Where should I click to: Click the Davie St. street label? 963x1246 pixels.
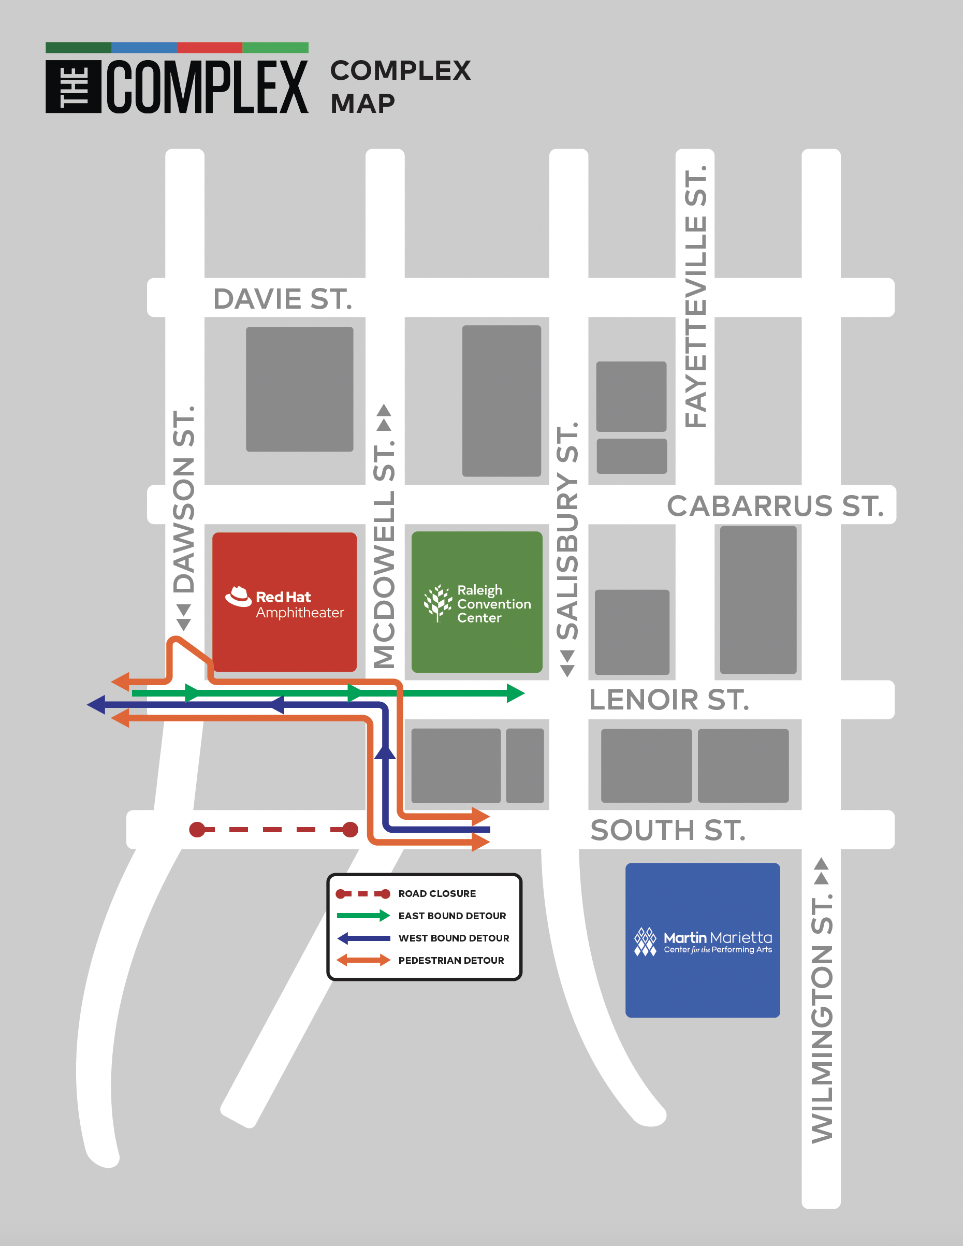click(x=282, y=299)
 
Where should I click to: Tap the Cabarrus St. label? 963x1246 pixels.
click(x=775, y=506)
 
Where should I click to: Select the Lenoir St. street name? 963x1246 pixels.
click(x=668, y=700)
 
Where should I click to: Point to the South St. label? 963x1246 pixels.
click(x=667, y=830)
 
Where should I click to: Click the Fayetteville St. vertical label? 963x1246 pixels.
click(x=695, y=297)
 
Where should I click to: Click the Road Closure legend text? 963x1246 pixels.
click(x=436, y=893)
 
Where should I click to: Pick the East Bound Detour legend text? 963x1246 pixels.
click(x=452, y=916)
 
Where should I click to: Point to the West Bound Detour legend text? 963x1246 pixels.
click(x=454, y=938)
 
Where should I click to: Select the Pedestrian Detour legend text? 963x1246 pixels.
click(x=450, y=960)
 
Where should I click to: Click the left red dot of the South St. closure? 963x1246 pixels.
click(x=197, y=830)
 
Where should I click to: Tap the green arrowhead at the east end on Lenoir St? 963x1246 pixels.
click(x=515, y=693)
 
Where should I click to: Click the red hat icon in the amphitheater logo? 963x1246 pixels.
click(x=239, y=596)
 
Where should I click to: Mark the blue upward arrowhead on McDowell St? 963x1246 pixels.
click(x=385, y=753)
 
